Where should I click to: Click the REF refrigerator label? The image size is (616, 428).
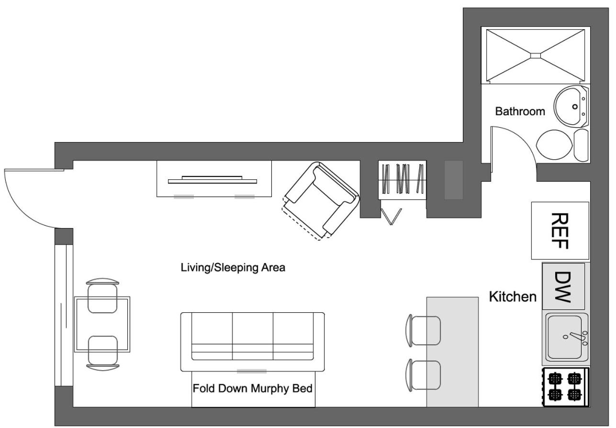(560, 231)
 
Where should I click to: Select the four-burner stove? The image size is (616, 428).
(566, 387)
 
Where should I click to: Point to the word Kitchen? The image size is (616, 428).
(512, 297)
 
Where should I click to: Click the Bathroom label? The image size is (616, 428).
(520, 111)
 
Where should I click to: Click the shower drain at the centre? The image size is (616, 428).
(535, 55)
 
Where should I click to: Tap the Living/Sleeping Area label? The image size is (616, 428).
(233, 267)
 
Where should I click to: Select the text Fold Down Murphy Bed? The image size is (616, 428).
(252, 388)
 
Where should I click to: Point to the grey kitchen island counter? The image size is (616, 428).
(452, 351)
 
